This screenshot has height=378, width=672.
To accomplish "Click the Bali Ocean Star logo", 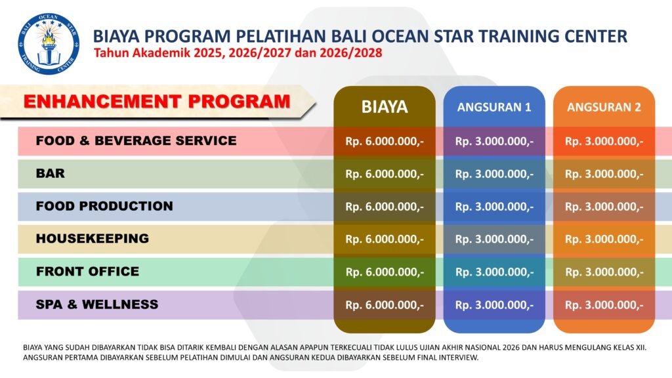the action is click(x=49, y=43).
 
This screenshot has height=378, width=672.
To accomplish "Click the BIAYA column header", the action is click(x=385, y=107).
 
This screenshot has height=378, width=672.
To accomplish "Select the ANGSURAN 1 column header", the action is click(x=494, y=107).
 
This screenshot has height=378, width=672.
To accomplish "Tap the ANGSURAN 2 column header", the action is click(x=604, y=107).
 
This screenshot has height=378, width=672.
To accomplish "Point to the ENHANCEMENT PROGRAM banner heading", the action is click(x=157, y=102).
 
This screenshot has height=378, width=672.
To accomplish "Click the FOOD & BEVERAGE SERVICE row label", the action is click(x=136, y=140).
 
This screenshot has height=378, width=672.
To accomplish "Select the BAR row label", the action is click(x=50, y=173).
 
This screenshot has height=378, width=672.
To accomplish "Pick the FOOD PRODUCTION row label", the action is click(x=104, y=205).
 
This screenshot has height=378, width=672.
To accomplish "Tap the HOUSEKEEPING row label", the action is click(x=92, y=238).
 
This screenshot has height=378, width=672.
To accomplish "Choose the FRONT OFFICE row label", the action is click(x=87, y=271).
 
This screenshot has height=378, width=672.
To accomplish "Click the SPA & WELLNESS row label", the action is click(x=97, y=304).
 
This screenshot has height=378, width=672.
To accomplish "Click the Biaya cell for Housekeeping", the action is click(x=385, y=239).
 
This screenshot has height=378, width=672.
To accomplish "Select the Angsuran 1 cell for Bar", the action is click(x=494, y=174).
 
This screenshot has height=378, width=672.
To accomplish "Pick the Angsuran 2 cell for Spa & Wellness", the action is click(x=604, y=305).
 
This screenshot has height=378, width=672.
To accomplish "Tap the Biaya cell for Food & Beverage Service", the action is click(x=385, y=142).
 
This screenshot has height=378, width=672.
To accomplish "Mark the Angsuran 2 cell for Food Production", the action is click(x=604, y=207).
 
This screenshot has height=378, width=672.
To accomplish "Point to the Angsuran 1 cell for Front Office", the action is click(x=494, y=272).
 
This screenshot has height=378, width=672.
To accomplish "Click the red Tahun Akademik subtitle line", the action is click(x=238, y=53).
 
